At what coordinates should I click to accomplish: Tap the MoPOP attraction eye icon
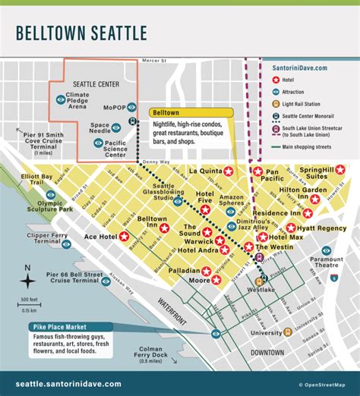132,107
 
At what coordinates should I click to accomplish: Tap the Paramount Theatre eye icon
327,250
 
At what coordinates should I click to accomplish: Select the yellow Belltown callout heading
166,111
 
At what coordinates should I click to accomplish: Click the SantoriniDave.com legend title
300,68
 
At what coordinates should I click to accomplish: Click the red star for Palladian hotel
205,270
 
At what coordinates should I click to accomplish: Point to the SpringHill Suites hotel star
340,169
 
